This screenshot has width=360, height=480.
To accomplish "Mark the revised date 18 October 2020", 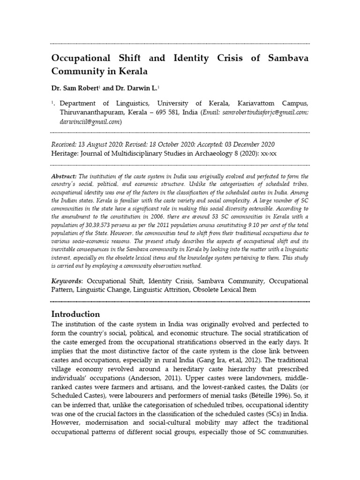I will click(x=176, y=144).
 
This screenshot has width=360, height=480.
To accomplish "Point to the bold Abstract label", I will click(x=63, y=176).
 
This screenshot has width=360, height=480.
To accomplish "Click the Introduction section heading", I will click(x=75, y=314).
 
